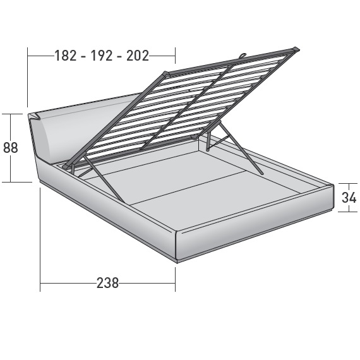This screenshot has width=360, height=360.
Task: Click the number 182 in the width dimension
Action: (65, 56)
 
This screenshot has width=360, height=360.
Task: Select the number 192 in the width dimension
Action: (102, 56)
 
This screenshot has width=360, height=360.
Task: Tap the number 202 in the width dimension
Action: (138, 56)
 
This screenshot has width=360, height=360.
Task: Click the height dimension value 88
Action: (10, 148)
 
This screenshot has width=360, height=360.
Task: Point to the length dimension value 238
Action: (107, 284)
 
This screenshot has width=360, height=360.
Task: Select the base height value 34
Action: (349, 197)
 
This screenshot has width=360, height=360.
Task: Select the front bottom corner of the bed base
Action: (177, 260)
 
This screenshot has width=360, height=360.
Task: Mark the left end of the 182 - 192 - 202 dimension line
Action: (28, 56)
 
